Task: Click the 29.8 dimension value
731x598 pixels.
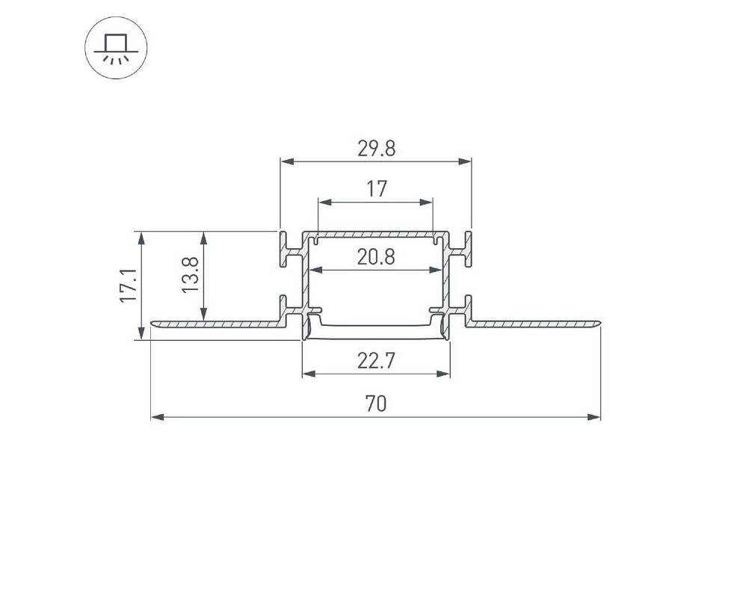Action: click(x=376, y=149)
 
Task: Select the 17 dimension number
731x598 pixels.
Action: click(x=376, y=189)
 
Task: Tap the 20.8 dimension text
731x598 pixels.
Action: click(x=376, y=257)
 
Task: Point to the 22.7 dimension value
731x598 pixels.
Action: click(x=376, y=361)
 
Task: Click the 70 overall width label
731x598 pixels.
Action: click(x=376, y=404)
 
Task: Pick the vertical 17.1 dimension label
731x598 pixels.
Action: click(x=129, y=286)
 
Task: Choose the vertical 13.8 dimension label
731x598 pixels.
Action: click(x=190, y=275)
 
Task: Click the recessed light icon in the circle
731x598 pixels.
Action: click(x=116, y=48)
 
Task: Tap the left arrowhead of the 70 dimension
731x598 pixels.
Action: click(x=157, y=417)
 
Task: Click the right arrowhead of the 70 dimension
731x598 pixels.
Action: click(x=594, y=417)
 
